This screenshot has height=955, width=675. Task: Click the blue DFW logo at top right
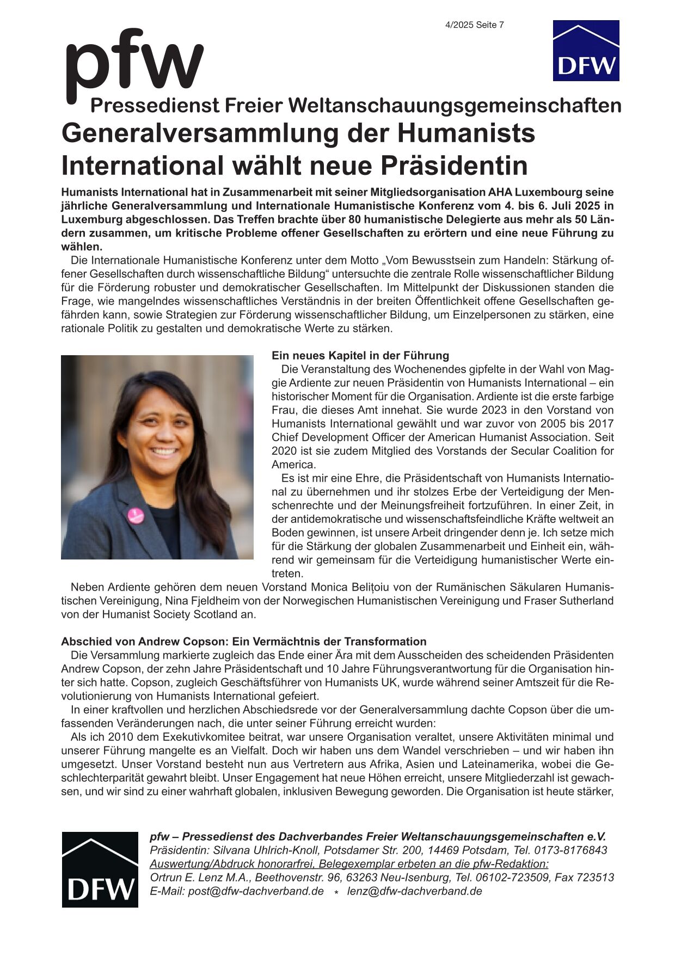click(586, 51)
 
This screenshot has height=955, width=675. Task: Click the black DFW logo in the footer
click(100, 869)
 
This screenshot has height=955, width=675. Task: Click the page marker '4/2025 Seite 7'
click(474, 25)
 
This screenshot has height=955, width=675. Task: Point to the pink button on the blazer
click(136, 515)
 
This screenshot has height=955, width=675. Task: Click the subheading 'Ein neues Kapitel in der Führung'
click(360, 356)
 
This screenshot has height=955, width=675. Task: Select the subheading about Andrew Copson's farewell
click(243, 641)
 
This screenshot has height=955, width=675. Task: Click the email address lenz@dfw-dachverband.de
click(414, 891)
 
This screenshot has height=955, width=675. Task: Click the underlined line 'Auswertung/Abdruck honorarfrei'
click(349, 864)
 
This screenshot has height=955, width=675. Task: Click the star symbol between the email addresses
click(336, 892)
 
